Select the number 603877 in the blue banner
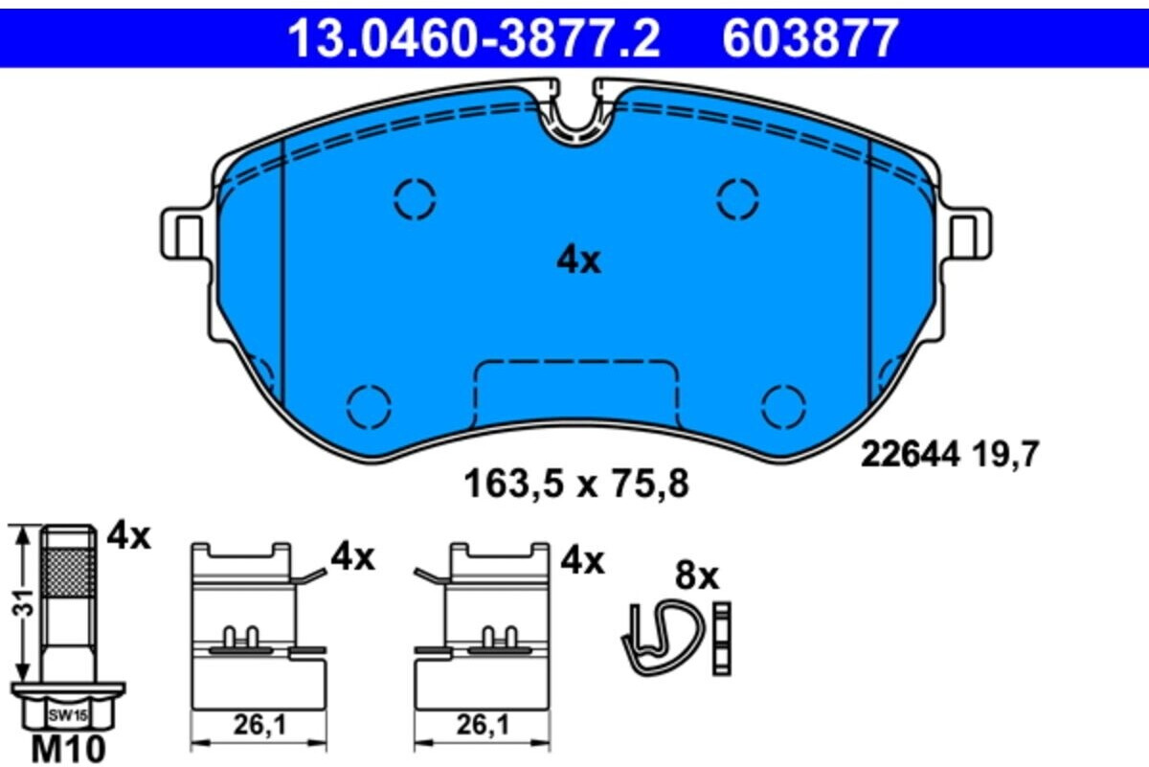(x=810, y=38)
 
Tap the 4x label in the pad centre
(x=578, y=261)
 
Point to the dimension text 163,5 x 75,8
(x=576, y=485)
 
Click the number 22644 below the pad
(x=910, y=455)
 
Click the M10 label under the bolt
(x=68, y=750)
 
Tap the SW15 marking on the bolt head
(x=68, y=715)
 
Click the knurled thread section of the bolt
(x=69, y=572)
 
